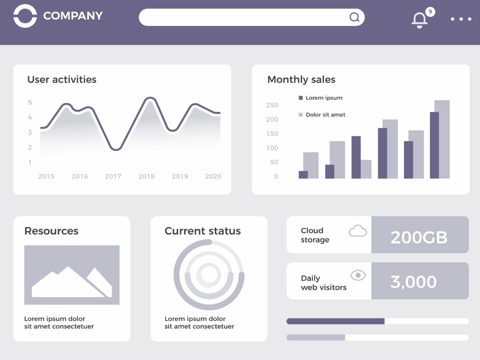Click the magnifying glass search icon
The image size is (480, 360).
click(x=355, y=18)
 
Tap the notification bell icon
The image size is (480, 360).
click(x=419, y=20)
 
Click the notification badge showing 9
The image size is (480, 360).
click(x=430, y=12)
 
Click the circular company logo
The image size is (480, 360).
click(x=25, y=16)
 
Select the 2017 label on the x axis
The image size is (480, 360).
click(x=113, y=177)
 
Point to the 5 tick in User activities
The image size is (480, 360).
click(x=30, y=102)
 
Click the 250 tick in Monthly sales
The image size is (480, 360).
click(x=272, y=105)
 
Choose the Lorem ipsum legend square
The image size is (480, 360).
click(x=300, y=98)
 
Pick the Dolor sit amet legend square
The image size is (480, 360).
click(x=300, y=115)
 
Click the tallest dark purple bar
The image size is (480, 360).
click(x=435, y=145)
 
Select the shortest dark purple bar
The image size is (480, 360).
click(x=303, y=174)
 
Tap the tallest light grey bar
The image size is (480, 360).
click(x=442, y=139)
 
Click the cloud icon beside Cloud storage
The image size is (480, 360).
click(x=358, y=231)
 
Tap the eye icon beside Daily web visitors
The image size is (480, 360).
click(x=358, y=276)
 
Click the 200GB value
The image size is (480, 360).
click(x=419, y=238)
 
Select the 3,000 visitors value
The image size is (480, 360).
click(x=413, y=282)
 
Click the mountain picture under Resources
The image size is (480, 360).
click(x=72, y=275)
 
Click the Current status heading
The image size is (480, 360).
click(x=202, y=231)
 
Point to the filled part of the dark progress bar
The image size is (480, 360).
click(x=335, y=321)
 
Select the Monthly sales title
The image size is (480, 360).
click(x=301, y=80)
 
